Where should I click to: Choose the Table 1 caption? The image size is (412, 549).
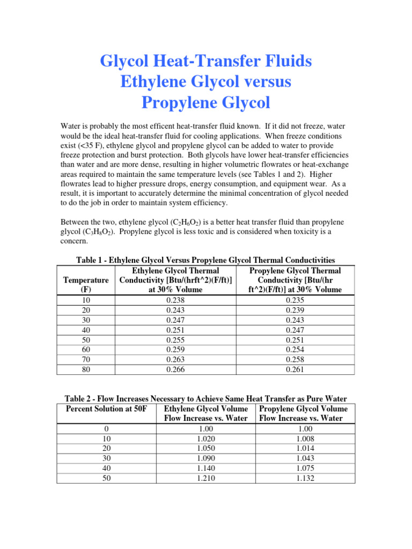point(205,261)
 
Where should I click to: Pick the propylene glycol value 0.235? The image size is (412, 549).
point(296,301)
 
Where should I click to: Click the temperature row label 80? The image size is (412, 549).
point(86,369)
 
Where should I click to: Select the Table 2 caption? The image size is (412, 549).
point(205,399)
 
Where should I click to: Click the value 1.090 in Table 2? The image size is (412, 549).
point(207,458)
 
